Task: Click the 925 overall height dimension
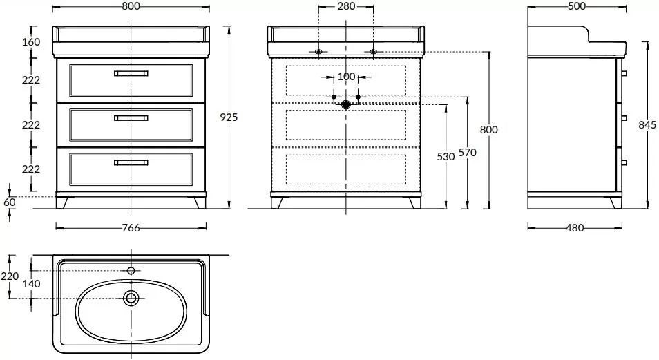[229, 117]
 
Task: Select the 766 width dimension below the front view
[131, 228]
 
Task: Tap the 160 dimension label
[31, 42]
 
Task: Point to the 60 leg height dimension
[9, 202]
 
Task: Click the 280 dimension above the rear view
[345, 6]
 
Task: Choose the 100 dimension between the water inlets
[345, 77]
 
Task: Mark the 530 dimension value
[446, 157]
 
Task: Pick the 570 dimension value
[468, 153]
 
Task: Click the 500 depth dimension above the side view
[576, 6]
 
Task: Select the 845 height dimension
[647, 125]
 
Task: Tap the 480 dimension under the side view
[575, 228]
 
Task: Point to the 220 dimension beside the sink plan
[9, 276]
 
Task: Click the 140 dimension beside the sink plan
[31, 284]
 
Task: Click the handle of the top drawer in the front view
[131, 73]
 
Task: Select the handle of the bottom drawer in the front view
[131, 162]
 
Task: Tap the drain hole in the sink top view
[131, 298]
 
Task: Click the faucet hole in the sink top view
[131, 269]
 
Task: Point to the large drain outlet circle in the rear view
[345, 104]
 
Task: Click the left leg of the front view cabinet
[64, 202]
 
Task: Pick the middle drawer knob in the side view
[624, 118]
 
